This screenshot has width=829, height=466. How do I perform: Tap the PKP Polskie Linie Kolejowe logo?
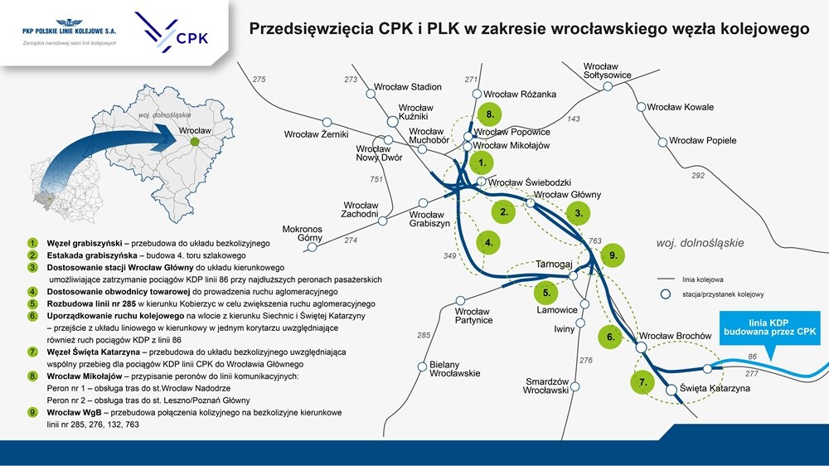pos(70,32)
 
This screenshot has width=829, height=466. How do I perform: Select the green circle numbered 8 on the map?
pos(490,114)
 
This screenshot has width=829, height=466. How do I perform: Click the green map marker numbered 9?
pos(613,255)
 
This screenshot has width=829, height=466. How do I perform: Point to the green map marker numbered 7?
pos(643,382)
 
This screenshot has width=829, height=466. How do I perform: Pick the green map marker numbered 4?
pos(488,243)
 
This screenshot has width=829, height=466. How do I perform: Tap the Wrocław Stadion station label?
pos(408,87)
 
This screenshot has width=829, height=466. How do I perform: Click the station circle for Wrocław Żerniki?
pos(327,123)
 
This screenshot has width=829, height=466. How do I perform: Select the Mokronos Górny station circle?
pos(313,247)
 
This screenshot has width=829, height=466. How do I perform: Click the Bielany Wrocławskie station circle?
pos(422,366)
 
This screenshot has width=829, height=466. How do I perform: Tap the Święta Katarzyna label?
pos(715,388)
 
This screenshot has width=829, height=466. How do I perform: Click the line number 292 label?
pos(698,175)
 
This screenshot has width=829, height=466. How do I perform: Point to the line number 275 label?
pos(259,80)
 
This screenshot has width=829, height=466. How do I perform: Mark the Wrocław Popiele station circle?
pos(662,143)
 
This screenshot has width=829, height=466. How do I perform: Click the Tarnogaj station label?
pos(554,264)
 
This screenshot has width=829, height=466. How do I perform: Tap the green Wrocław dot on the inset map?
pos(195,142)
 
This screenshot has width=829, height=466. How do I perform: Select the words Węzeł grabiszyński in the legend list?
pos(84,243)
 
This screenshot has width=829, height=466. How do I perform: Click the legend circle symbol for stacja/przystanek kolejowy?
pos(666,294)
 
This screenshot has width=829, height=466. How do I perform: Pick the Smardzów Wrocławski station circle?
pos(574,386)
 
